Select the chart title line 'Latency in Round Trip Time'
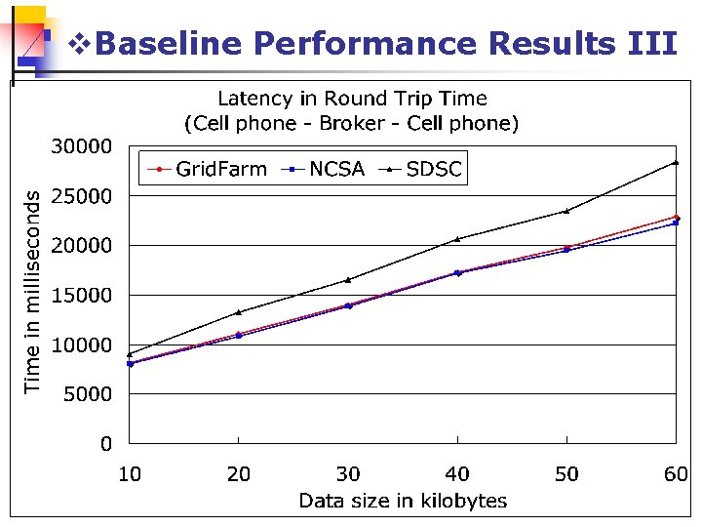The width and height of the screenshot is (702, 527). [352, 99]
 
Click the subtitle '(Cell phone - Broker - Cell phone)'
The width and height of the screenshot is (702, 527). [352, 123]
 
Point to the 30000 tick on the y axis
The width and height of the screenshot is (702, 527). [81, 146]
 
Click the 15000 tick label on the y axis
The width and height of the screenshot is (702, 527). [81, 295]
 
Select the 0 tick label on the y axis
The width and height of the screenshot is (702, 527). [105, 444]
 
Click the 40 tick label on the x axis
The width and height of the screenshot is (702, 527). [457, 475]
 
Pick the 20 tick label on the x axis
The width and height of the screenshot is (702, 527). [239, 475]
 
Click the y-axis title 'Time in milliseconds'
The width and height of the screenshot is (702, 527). [33, 291]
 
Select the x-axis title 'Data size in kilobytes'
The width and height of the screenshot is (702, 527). [403, 502]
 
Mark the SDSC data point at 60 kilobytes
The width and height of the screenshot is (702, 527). [676, 162]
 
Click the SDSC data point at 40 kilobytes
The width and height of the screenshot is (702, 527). [457, 238]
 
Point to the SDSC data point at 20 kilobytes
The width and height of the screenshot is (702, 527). [239, 312]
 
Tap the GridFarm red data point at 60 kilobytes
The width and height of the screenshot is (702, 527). [676, 217]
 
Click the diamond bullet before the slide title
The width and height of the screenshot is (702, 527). [81, 44]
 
